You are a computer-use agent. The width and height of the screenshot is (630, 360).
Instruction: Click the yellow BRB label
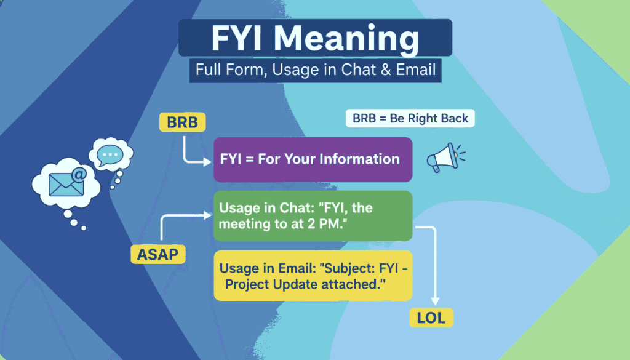[183, 122]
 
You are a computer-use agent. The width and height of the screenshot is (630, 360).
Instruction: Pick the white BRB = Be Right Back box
[410, 118]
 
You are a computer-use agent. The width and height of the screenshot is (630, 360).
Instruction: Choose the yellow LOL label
[431, 318]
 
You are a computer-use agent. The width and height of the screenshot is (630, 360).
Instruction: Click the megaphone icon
[442, 159]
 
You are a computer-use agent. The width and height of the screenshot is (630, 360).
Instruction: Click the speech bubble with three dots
[111, 154]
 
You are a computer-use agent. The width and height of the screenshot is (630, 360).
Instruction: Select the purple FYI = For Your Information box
[313, 159]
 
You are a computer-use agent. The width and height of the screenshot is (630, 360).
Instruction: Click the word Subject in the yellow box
[317, 268]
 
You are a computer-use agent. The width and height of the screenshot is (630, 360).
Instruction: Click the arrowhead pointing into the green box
[208, 215]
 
